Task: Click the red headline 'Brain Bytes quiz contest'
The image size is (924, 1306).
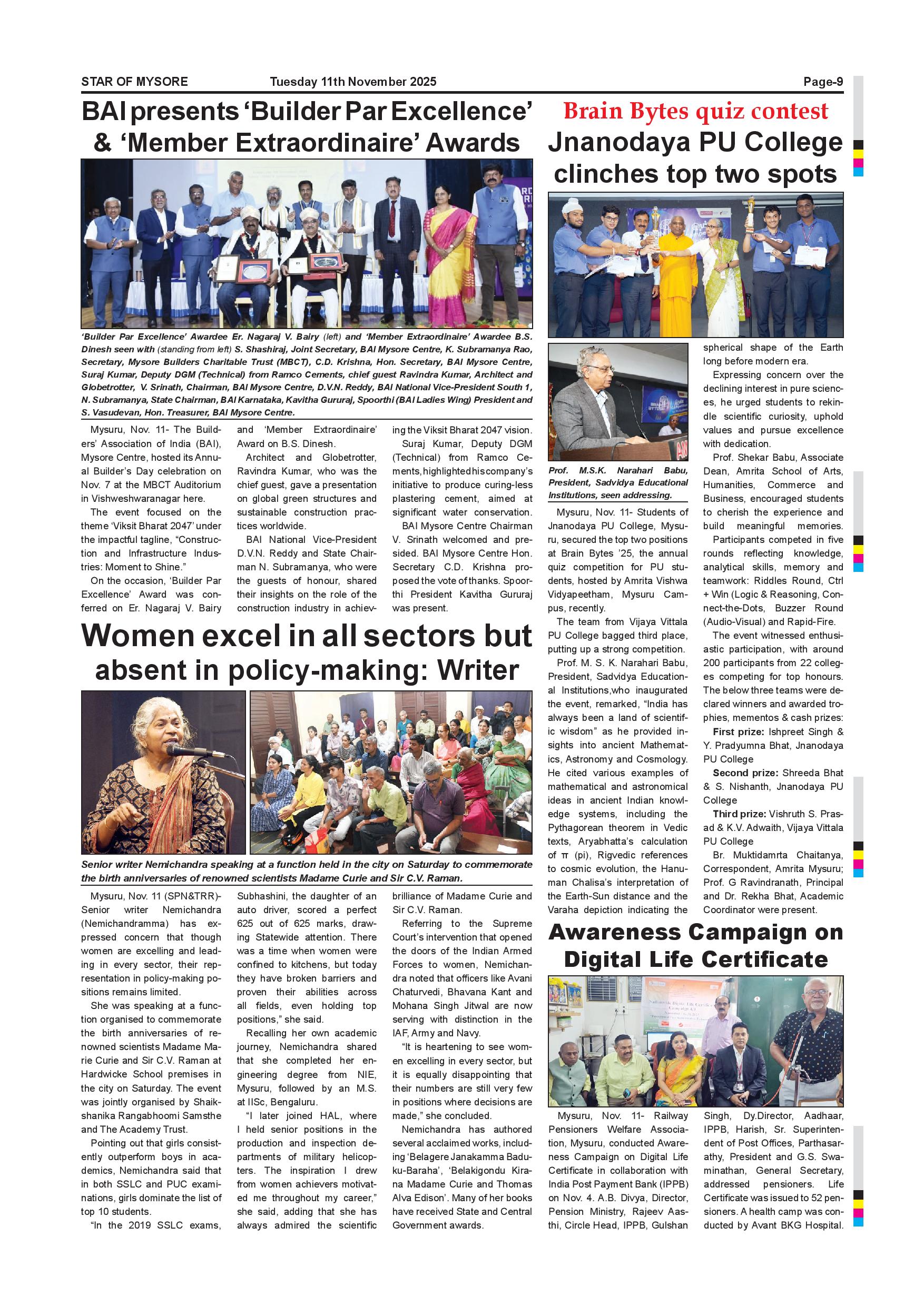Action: [695, 112]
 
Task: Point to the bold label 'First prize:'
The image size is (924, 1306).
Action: [738, 732]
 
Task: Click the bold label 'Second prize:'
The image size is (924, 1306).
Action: [745, 773]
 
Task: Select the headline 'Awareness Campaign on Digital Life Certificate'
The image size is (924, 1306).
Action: [695, 946]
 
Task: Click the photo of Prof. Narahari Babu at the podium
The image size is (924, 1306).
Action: [618, 402]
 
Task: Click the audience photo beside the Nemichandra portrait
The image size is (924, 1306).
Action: [391, 772]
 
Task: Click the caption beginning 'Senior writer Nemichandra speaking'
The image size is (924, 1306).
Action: [307, 871]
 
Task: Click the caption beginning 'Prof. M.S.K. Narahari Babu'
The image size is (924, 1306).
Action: [618, 482]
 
